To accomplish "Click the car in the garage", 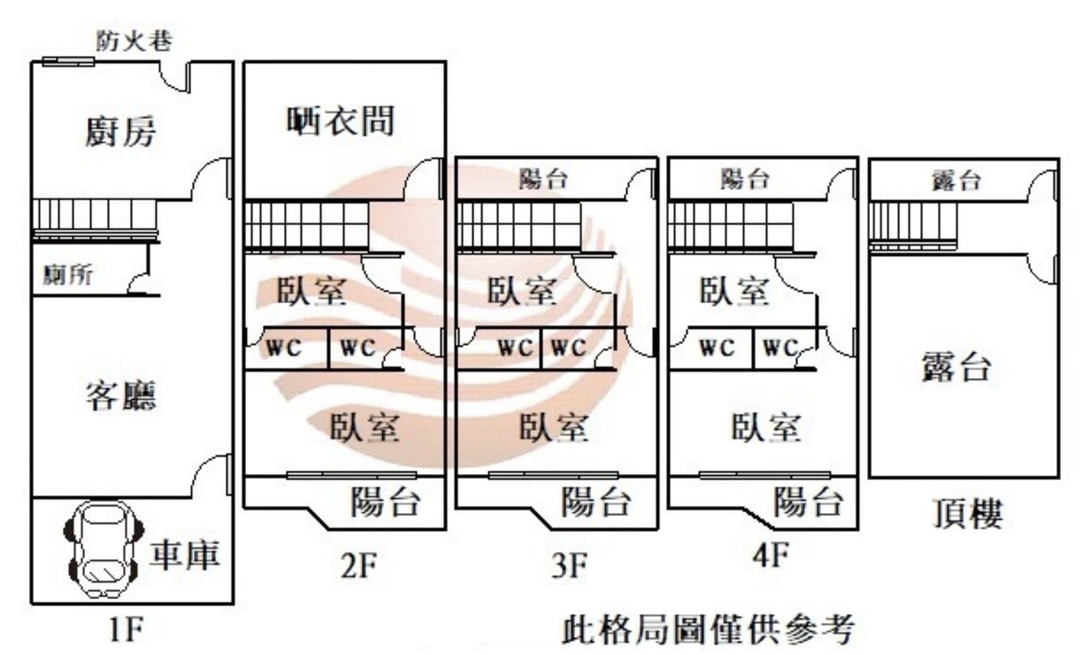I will tap(104, 549).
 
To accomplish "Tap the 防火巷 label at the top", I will tap(134, 41).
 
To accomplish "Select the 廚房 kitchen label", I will tap(121, 131).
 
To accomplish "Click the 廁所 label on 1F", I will tap(68, 274).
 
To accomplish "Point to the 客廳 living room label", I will tap(121, 395).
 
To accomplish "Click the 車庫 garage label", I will tap(184, 554).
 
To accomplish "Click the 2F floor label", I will tap(359, 565).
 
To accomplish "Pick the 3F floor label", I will tap(570, 565).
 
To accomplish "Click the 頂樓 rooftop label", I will tap(968, 514).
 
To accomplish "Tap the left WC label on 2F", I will tap(283, 347).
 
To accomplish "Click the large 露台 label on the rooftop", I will tap(956, 366).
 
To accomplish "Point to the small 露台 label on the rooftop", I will tap(957, 180).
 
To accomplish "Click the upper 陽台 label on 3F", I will tap(543, 179).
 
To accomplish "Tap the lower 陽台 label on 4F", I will tap(808, 502).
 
